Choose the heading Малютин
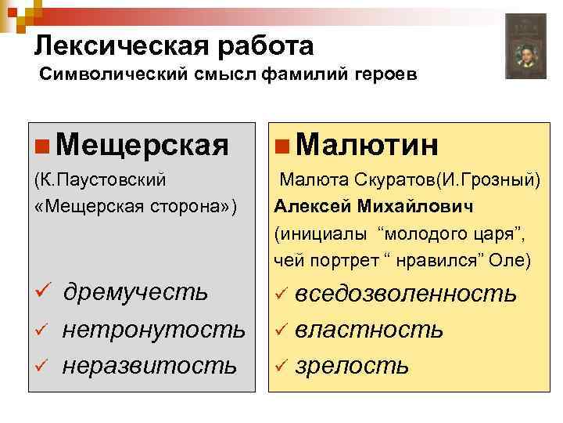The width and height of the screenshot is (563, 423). point(368,144)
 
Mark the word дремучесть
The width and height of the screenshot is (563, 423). point(134,292)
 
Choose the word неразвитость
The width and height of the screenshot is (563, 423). point(149,364)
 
